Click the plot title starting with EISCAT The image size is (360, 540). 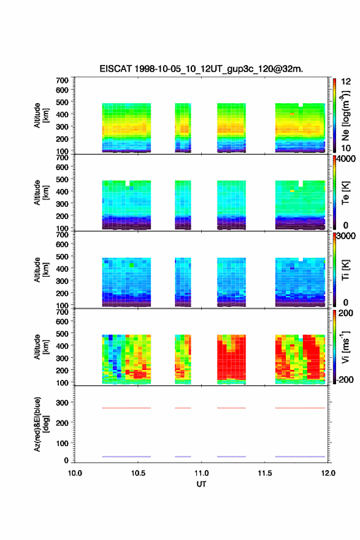tap(201, 69)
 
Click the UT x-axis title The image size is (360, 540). tap(201, 484)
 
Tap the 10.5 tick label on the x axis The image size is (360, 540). tap(138, 473)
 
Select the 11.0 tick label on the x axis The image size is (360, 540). tap(201, 473)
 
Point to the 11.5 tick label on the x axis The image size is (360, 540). tap(265, 473)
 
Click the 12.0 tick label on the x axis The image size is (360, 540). tap(328, 473)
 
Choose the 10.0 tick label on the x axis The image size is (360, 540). tap(75, 473)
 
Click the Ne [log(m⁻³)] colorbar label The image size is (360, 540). tap(345, 116)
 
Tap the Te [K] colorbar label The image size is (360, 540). tap(345, 193)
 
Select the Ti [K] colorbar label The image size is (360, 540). tap(345, 270)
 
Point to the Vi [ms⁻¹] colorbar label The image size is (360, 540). tap(345, 347)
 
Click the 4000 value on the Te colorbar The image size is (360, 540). tap(346, 159)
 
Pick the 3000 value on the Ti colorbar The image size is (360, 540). tap(346, 236)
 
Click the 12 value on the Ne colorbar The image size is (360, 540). tap(346, 82)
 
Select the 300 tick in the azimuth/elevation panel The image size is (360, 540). tap(63, 403)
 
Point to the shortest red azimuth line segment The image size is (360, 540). tap(183, 408)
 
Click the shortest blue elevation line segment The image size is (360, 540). tap(183, 457)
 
